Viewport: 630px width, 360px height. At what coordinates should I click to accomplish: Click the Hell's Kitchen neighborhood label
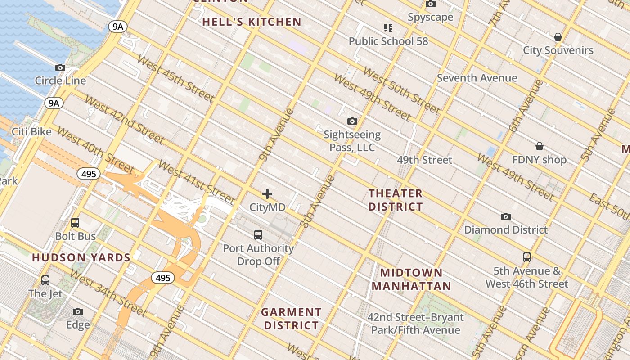[252, 22]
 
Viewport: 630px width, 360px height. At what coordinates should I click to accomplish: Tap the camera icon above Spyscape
[431, 4]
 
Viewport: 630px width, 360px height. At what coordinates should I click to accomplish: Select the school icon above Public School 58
[388, 28]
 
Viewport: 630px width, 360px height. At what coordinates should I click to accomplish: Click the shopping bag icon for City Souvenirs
[558, 37]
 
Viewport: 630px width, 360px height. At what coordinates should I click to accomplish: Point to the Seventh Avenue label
[477, 78]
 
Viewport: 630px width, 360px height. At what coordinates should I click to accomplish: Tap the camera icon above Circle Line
[60, 67]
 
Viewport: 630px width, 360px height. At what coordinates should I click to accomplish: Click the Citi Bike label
[31, 132]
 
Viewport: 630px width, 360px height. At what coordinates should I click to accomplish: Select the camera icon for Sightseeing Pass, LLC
[352, 121]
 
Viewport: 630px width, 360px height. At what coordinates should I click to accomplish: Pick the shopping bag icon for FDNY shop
[539, 146]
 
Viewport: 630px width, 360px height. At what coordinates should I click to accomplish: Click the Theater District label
[396, 200]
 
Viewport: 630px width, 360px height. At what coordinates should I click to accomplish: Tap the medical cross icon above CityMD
[267, 194]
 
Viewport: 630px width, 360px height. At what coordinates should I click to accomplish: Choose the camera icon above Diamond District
[506, 216]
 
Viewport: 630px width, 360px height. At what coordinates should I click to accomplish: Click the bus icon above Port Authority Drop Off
[258, 234]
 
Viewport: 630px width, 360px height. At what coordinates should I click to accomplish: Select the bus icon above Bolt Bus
[75, 223]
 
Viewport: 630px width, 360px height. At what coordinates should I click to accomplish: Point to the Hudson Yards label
[81, 258]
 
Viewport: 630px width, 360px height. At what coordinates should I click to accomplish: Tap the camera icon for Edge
[78, 311]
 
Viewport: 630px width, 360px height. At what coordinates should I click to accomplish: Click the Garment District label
[291, 319]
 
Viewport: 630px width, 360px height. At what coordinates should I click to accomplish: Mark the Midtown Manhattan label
[411, 279]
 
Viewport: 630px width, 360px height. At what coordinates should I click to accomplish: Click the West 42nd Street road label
[125, 119]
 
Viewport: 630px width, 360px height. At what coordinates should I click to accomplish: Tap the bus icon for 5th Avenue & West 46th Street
[526, 257]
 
